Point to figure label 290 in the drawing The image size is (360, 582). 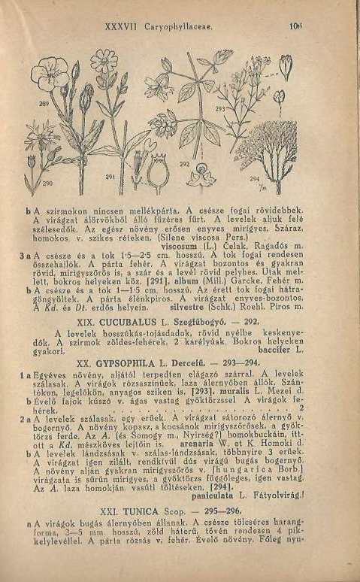click(47, 183)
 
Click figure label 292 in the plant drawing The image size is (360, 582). click(184, 163)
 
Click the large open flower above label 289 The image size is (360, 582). click(105, 62)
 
